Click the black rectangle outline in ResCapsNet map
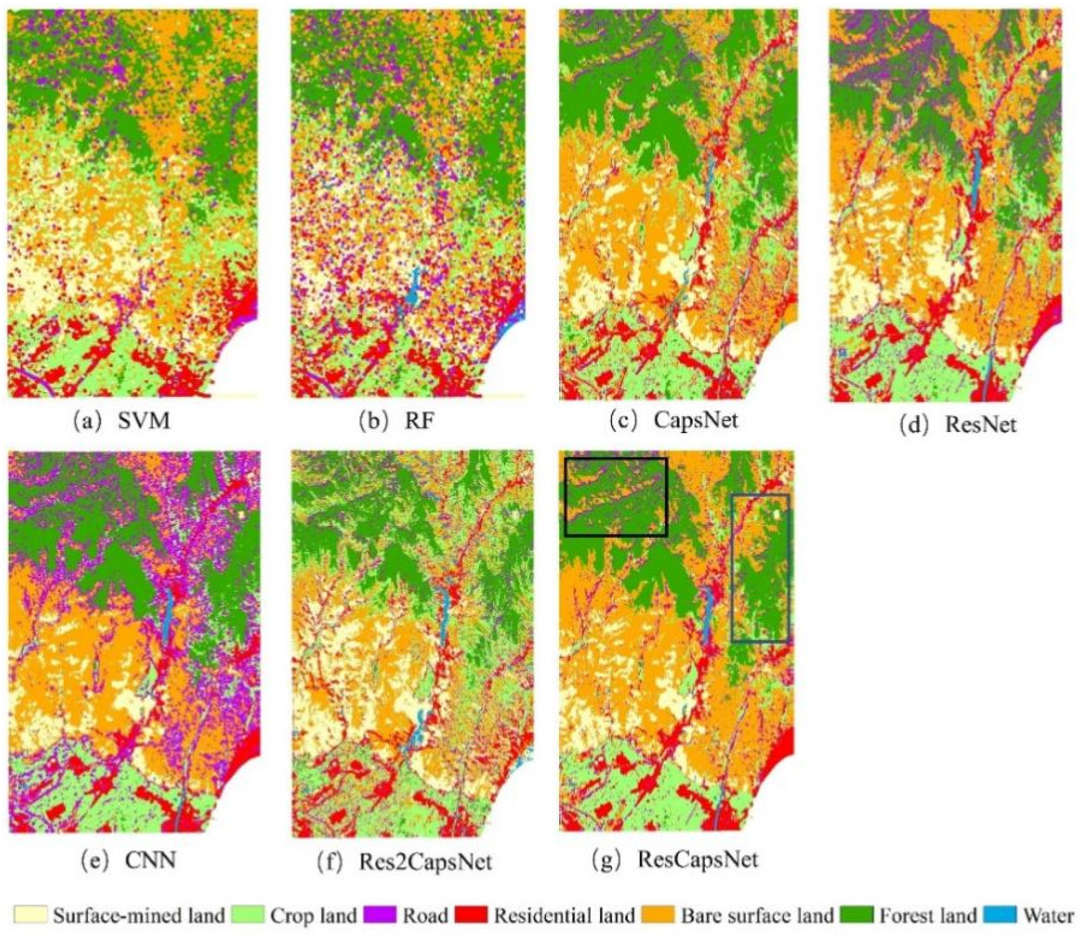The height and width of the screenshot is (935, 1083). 615,459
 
